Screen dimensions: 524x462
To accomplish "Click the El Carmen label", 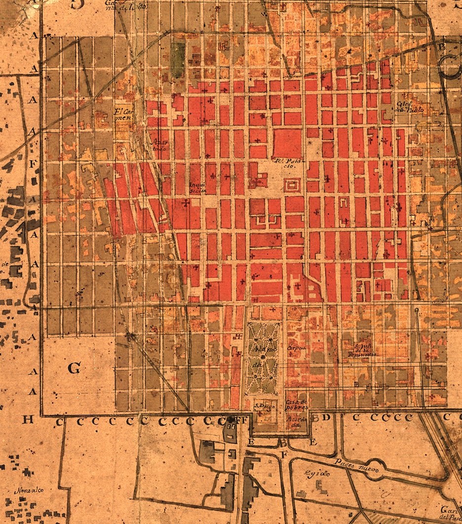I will (x=123, y=114).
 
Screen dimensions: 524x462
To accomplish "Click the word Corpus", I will (x=297, y=348).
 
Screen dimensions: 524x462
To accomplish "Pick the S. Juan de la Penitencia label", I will (x=366, y=349).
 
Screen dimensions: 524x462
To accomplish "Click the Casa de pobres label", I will (x=296, y=405).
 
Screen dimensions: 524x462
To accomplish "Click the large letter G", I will (x=74, y=368).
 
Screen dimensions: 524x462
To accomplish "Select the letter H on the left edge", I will (x=28, y=419).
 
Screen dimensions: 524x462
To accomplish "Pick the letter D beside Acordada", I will (x=326, y=418).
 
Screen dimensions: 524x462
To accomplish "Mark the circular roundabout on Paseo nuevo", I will (x=374, y=472).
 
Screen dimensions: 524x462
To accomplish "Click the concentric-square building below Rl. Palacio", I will (x=292, y=187).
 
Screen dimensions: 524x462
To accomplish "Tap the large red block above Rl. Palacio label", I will (x=287, y=143).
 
